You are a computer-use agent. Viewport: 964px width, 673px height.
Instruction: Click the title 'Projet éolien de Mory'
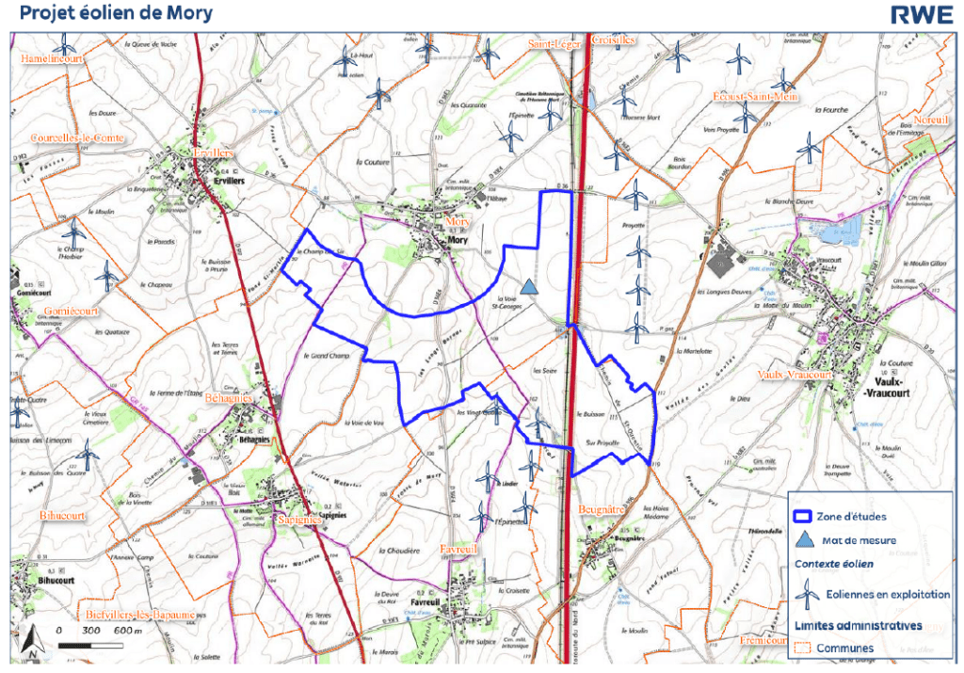tap(116, 14)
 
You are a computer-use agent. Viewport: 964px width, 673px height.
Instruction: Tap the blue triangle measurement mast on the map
tap(529, 286)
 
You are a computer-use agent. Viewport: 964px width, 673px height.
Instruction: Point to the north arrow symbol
tap(31, 641)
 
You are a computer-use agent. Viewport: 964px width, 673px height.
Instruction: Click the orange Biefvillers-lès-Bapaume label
tap(138, 615)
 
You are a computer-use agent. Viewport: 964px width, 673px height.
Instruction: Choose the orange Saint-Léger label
tap(555, 43)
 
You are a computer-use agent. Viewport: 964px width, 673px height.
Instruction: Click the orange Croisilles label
tap(613, 40)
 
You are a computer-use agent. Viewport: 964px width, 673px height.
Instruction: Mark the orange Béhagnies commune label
tap(228, 399)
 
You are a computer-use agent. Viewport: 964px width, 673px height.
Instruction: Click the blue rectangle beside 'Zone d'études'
tap(803, 516)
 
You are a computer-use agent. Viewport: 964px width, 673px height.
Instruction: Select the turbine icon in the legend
tap(804, 594)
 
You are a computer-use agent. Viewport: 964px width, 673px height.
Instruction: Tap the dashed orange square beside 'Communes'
tap(802, 648)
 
